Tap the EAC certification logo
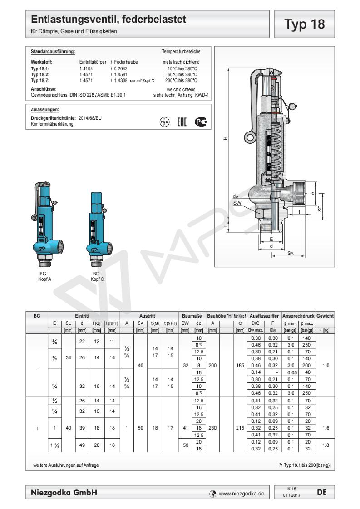pos(181,122)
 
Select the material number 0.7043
pos(120,69)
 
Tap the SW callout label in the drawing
pos(237,203)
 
